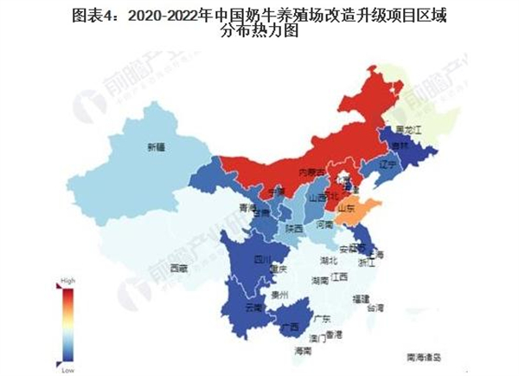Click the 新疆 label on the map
click(x=156, y=146)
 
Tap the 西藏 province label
click(x=178, y=268)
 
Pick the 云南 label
click(x=253, y=308)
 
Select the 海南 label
click(x=302, y=352)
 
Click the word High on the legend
click(x=67, y=282)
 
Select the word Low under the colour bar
click(x=65, y=368)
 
